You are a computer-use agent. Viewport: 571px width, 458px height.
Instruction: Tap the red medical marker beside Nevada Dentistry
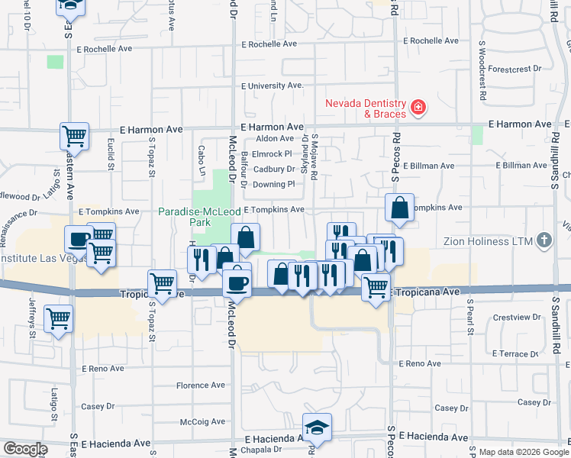[x=418, y=108]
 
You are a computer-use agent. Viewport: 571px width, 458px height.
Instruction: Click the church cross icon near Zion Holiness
[x=544, y=241]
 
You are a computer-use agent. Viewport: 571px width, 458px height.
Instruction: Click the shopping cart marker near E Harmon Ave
[x=75, y=137]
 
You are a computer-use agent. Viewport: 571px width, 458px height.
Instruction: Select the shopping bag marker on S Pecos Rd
[x=400, y=207]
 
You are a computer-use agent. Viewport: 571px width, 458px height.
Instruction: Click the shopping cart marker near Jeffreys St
[x=58, y=318]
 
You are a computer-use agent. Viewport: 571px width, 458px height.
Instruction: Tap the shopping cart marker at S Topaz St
[x=163, y=283]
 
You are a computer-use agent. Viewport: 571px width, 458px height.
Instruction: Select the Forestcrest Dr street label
[x=515, y=68]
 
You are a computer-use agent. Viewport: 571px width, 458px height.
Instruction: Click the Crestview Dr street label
[x=517, y=317]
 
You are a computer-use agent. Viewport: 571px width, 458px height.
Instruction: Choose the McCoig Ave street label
[x=203, y=421]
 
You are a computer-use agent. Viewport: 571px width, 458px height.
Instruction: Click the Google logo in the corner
[x=25, y=449]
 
